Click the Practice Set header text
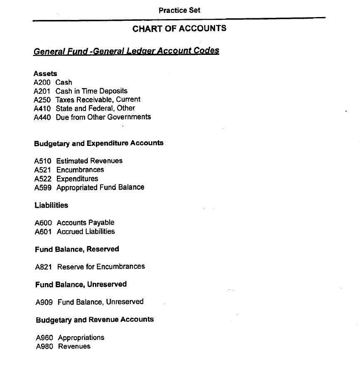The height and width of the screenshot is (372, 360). pos(179,10)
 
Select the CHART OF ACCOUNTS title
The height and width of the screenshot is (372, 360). pos(179,29)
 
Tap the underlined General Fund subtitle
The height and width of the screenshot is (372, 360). pos(126,51)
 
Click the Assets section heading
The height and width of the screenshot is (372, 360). pos(45,74)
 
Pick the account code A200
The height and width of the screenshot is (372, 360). pos(42,82)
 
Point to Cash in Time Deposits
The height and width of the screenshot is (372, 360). pos(91,91)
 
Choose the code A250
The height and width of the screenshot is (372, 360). pos(42,100)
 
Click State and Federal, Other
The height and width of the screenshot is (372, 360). pos(96,108)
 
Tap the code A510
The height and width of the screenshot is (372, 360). pos(43,161)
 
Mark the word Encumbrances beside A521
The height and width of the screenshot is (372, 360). pos(80,170)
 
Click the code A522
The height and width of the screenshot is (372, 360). pos(43,179)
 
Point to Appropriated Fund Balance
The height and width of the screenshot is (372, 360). pos(100,187)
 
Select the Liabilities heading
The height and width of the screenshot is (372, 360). pos(51,205)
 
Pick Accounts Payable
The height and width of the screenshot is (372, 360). pos(86,223)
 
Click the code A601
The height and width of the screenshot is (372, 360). pos(43,232)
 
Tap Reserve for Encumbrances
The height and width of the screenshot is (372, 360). pos(101,266)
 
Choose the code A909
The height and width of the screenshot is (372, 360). pos(44,302)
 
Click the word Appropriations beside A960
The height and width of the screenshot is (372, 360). pos(81,338)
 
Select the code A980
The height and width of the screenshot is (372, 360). pos(44,346)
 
